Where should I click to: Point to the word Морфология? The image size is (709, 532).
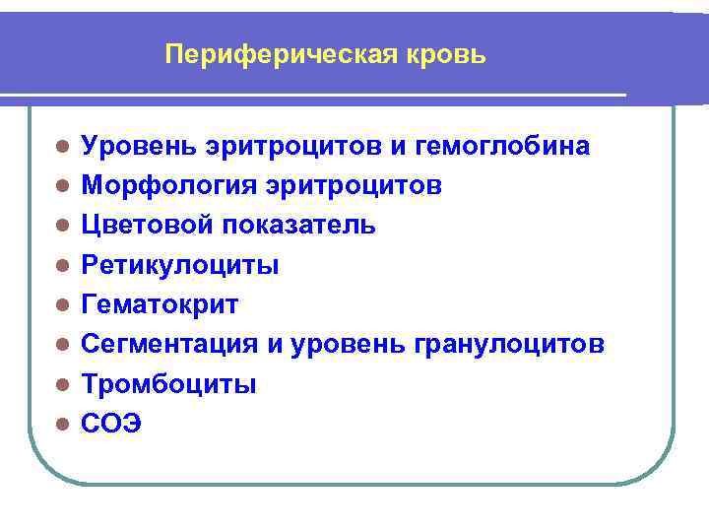156,186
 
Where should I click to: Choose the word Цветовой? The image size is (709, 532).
147,226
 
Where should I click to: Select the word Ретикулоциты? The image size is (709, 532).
179,265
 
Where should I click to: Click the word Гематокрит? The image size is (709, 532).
160,304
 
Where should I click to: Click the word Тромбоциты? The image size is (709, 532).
168,384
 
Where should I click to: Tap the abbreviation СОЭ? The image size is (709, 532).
111,424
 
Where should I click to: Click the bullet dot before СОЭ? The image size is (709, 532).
62,425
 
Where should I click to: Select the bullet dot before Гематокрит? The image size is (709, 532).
62,305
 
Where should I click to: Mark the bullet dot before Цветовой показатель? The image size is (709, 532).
62,227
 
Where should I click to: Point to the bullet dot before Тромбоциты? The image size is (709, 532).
62,385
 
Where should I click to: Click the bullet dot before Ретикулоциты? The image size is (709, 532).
62,266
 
